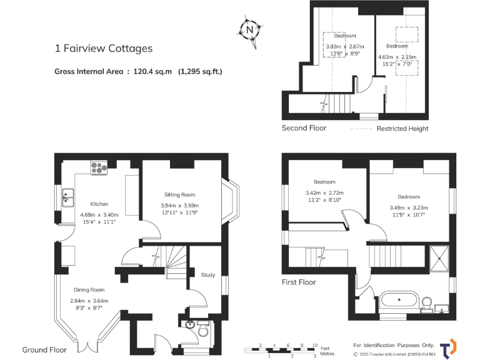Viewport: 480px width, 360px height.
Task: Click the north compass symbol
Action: (x=250, y=29)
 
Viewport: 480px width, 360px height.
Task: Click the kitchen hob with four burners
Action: (x=99, y=167)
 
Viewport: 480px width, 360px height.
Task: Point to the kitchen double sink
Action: (x=68, y=199)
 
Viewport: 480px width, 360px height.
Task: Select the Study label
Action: (x=207, y=274)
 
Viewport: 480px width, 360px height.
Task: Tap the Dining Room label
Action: (x=87, y=290)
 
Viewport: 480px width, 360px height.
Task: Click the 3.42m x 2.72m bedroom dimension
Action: (x=324, y=193)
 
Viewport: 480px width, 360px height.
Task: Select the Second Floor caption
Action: (x=304, y=128)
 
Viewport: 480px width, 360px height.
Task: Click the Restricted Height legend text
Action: (x=402, y=129)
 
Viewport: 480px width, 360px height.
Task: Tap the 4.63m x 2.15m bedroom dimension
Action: (x=397, y=57)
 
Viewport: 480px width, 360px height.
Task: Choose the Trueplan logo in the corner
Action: (x=447, y=348)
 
